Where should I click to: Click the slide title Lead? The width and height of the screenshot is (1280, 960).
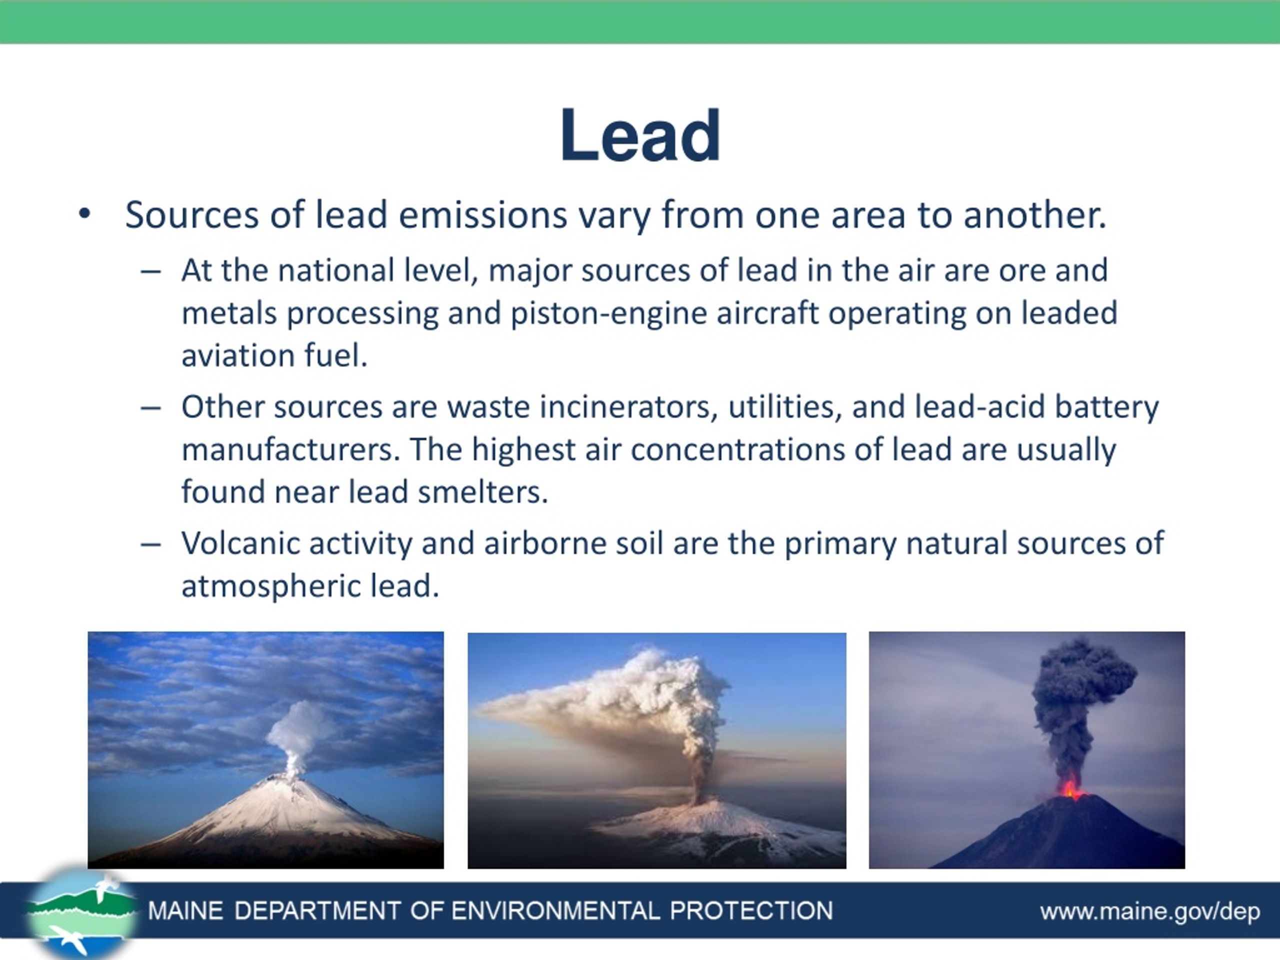(x=640, y=136)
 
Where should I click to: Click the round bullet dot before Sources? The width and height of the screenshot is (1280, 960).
(x=84, y=214)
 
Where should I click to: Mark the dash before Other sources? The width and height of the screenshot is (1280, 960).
(x=150, y=408)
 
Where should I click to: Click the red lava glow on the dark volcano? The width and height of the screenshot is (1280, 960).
(x=1071, y=788)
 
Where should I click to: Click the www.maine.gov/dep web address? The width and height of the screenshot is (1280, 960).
(x=1150, y=911)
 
